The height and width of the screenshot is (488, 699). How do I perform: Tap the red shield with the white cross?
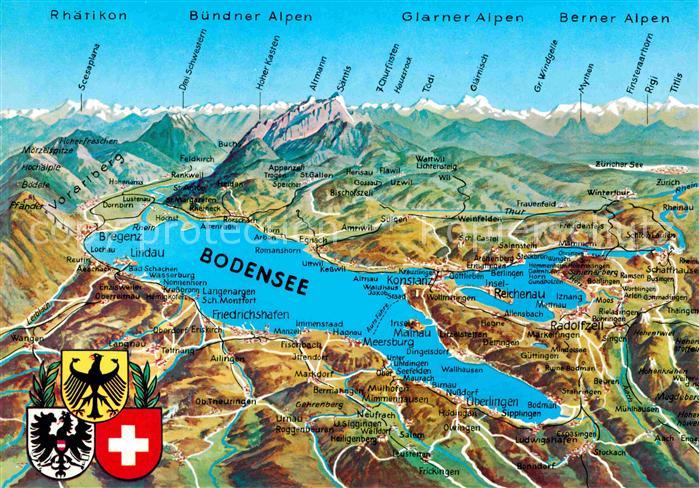(x=128, y=443)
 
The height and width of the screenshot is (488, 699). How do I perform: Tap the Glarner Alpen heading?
(x=462, y=17)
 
